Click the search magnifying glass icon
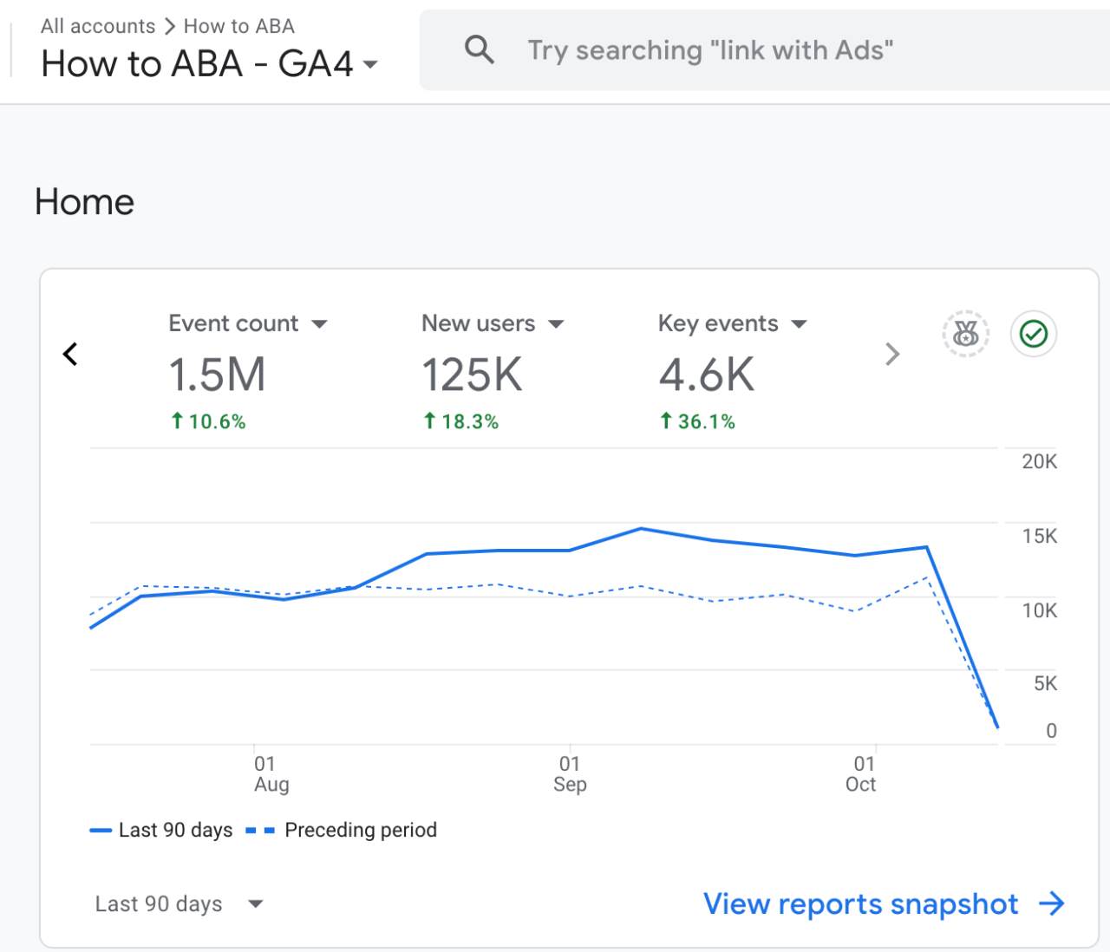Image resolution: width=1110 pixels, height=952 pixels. [479, 50]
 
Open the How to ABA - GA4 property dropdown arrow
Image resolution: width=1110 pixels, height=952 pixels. [370, 64]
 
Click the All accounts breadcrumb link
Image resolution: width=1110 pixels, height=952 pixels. [98, 26]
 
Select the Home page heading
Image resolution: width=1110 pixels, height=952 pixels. [84, 202]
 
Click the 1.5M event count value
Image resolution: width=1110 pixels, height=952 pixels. [217, 375]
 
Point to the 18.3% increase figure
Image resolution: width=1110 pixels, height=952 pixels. [460, 421]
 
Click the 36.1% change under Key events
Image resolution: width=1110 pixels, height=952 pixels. [697, 421]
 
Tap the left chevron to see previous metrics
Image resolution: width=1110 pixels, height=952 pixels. [70, 355]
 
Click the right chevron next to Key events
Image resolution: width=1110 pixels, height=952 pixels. [892, 355]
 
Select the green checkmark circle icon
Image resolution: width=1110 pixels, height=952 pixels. [1033, 334]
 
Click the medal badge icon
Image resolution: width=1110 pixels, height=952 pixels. [965, 334]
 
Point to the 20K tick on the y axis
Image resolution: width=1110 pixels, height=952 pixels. [1039, 461]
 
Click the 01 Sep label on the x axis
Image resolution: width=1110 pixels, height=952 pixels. [570, 773]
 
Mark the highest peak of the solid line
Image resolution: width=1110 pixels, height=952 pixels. [641, 529]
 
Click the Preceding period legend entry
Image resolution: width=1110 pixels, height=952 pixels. [341, 830]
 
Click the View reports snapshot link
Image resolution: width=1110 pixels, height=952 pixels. [884, 903]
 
